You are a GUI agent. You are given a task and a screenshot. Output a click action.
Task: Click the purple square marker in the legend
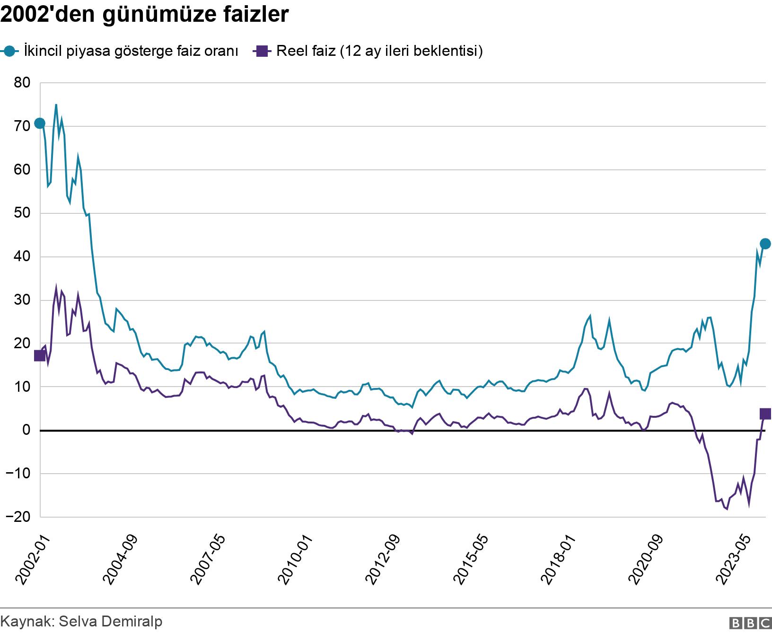(262, 51)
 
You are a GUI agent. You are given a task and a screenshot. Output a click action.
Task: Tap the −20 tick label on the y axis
(18, 517)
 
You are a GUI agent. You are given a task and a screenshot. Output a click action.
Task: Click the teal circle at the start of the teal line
(40, 123)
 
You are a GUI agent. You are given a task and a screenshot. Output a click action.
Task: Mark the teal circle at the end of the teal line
(765, 244)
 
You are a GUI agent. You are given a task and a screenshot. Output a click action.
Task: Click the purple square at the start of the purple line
(40, 356)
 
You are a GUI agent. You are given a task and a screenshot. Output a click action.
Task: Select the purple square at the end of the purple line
(765, 414)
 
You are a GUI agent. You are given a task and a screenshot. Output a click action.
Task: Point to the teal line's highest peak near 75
(56, 105)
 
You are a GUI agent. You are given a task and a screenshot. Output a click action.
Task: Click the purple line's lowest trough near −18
(727, 509)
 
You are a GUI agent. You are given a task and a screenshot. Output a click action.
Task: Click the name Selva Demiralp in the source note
(110, 621)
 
